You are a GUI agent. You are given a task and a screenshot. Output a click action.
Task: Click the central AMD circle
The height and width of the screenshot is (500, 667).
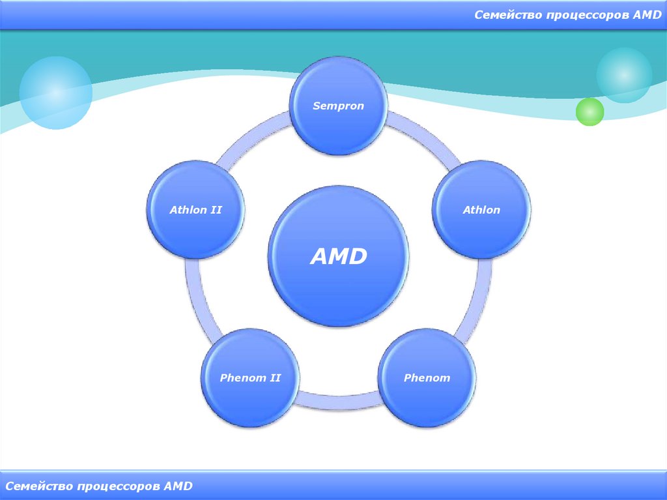[x=339, y=256]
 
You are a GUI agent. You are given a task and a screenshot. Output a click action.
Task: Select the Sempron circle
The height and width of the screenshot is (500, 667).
[x=339, y=106]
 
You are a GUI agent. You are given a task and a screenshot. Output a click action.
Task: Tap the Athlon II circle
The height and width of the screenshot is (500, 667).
[x=195, y=209]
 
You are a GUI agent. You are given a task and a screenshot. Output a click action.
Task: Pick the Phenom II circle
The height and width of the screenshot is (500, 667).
[x=250, y=377]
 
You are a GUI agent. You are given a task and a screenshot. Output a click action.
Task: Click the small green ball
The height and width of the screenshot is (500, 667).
[x=589, y=111]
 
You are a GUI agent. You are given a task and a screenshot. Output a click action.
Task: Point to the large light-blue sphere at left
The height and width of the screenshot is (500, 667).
[x=56, y=93]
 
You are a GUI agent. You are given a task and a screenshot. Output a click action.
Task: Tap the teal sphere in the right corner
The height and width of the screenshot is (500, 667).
[x=624, y=75]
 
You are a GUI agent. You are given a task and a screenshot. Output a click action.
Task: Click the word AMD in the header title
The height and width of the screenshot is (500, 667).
[x=647, y=15]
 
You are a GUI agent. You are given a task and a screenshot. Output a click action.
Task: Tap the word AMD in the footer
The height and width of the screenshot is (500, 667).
[x=178, y=486]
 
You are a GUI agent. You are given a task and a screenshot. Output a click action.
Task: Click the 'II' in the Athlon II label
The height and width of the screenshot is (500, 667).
[x=216, y=209]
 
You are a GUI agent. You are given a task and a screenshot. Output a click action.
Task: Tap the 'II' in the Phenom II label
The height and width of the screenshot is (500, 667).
[x=275, y=377]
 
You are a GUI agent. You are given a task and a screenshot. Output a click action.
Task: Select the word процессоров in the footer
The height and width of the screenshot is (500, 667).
[x=119, y=486]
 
